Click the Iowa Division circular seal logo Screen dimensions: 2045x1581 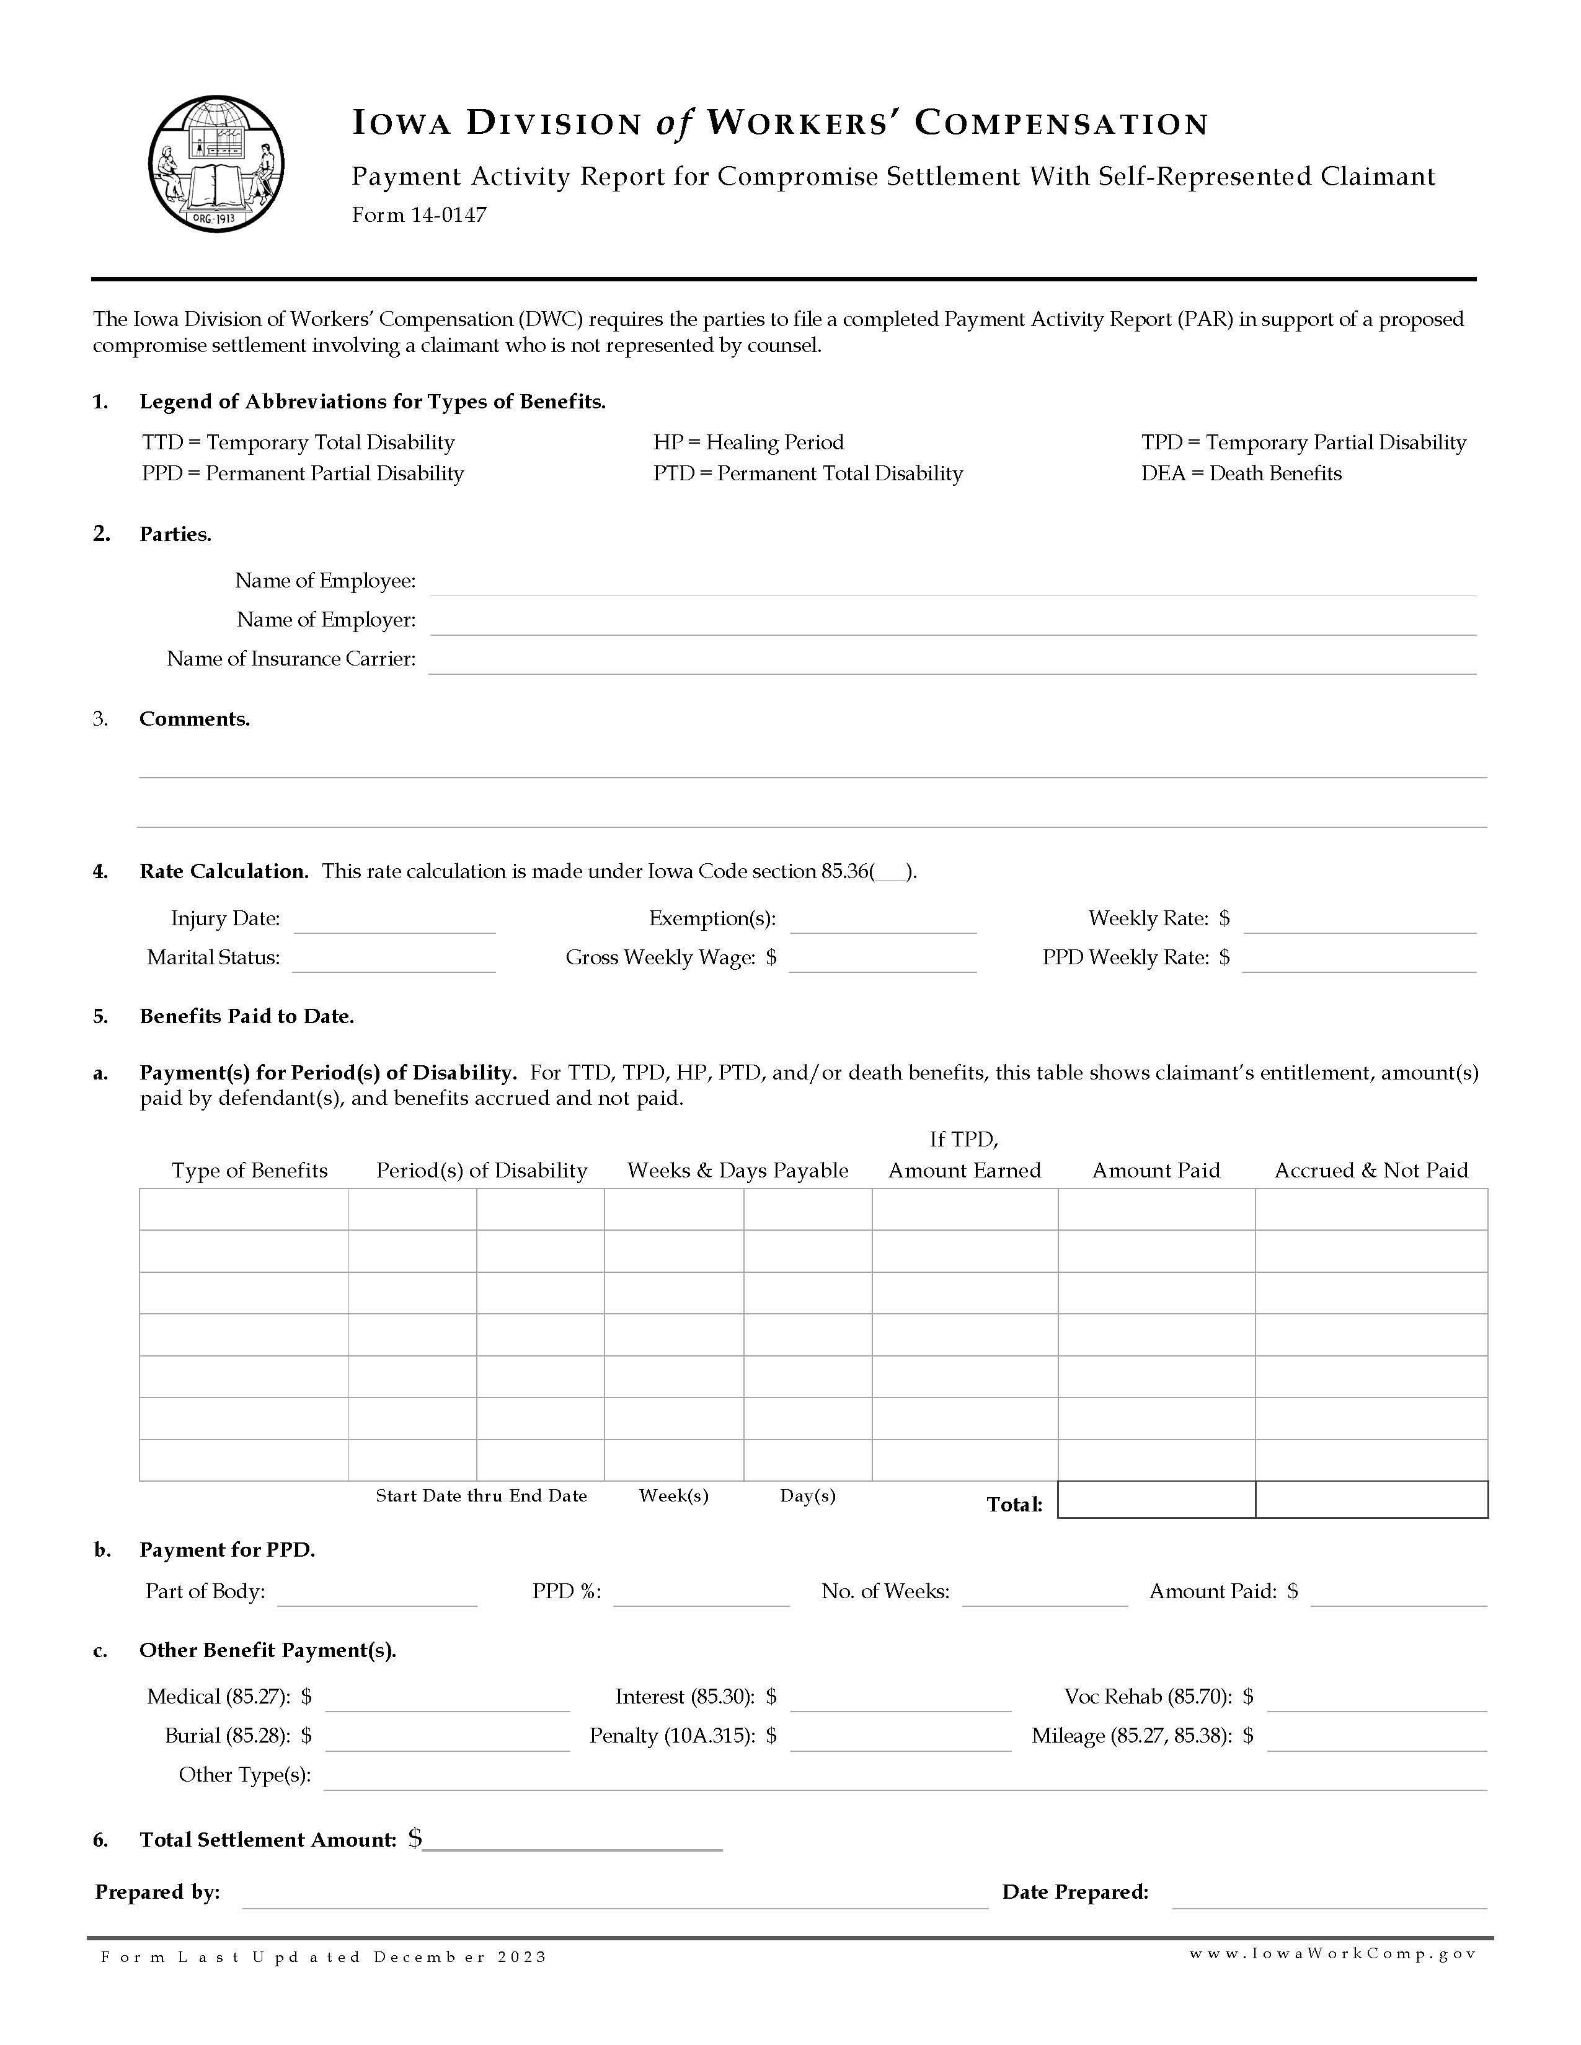pyautogui.click(x=216, y=165)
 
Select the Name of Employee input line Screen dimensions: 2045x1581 pyautogui.click(x=952, y=583)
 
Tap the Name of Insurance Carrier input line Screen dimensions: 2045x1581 pyautogui.click(x=952, y=661)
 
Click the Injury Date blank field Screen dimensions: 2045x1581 pyautogui.click(x=394, y=920)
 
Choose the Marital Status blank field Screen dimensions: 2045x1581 pyautogui.click(x=393, y=960)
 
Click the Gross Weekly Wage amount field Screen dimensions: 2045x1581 pyautogui.click(x=882, y=960)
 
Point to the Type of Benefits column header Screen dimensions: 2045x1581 pyautogui.click(x=249, y=1171)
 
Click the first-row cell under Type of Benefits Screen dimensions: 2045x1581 pyautogui.click(x=244, y=1209)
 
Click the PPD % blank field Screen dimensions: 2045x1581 pyautogui.click(x=701, y=1593)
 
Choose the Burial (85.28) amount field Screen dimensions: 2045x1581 pyautogui.click(x=447, y=1738)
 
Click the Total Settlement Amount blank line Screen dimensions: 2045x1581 pyautogui.click(x=572, y=1841)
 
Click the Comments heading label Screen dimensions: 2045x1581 pyautogui.click(x=194, y=719)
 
